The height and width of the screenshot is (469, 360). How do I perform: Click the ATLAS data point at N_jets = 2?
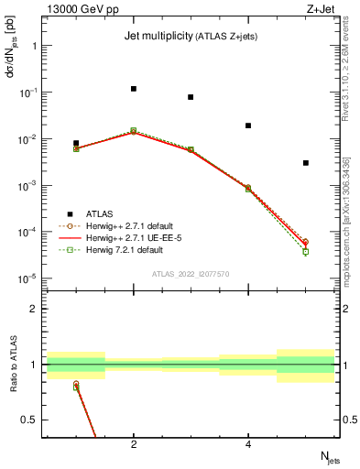tap(134, 89)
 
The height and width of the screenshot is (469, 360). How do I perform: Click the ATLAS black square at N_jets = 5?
tap(306, 163)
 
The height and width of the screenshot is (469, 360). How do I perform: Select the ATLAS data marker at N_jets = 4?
tap(248, 125)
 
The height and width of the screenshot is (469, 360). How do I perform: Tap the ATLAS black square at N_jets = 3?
tap(191, 97)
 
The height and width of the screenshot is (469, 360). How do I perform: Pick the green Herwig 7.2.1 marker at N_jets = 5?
tap(306, 251)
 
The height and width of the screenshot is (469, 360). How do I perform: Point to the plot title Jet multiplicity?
tap(151, 36)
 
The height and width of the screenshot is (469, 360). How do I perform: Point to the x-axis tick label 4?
tap(248, 444)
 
